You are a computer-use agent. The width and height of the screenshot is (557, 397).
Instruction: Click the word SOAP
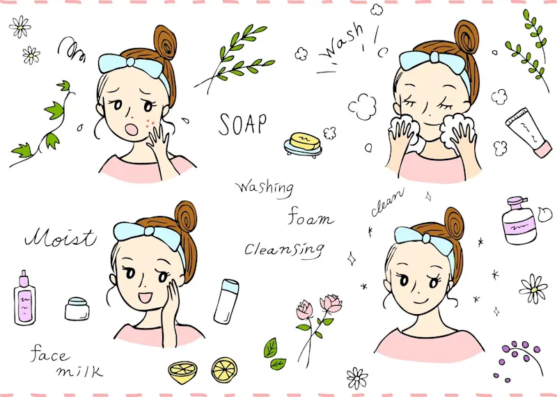click(242, 124)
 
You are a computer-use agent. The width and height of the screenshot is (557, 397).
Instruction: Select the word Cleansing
click(284, 249)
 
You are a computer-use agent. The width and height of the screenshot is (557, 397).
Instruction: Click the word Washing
click(264, 187)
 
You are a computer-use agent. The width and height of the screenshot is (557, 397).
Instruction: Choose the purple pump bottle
click(519, 221)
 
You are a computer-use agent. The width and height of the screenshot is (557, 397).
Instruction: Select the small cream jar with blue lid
click(77, 308)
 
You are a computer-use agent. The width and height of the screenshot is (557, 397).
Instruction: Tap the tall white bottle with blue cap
click(226, 302)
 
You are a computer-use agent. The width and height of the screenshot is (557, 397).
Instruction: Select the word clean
click(387, 201)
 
